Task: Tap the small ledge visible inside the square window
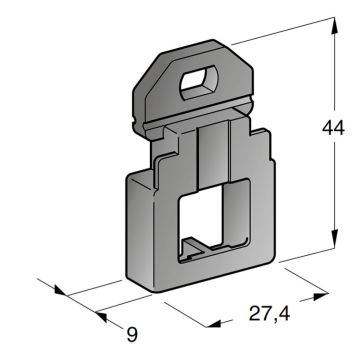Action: (x=205, y=245)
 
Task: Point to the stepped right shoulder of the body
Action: (x=262, y=160)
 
